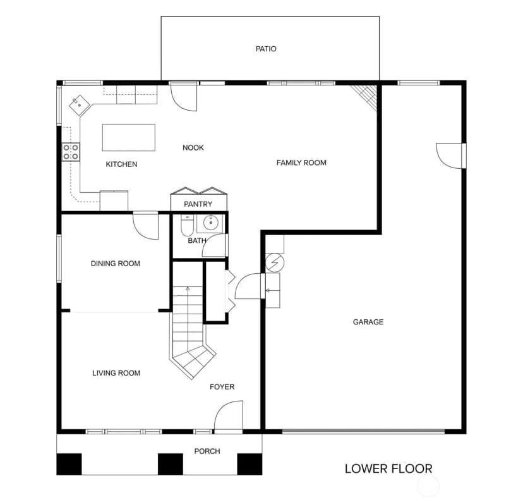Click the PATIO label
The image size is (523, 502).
click(x=266, y=49)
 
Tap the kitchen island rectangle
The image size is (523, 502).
click(x=129, y=138)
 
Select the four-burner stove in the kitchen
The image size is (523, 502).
click(x=71, y=152)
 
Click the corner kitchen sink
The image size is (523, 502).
click(x=80, y=105)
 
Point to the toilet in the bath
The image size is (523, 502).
click(x=187, y=225)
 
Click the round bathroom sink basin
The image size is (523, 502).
click(x=210, y=223)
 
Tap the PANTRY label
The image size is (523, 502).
click(x=198, y=204)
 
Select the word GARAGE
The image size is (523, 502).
click(x=368, y=322)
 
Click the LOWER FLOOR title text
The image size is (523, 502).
click(x=388, y=468)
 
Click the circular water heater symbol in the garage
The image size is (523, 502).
click(x=275, y=262)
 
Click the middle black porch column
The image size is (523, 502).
click(x=171, y=464)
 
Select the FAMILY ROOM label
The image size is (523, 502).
click(x=301, y=163)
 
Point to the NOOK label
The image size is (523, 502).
click(x=193, y=148)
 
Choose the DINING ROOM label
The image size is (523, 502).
click(x=116, y=264)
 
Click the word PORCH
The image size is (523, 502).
click(x=207, y=451)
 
